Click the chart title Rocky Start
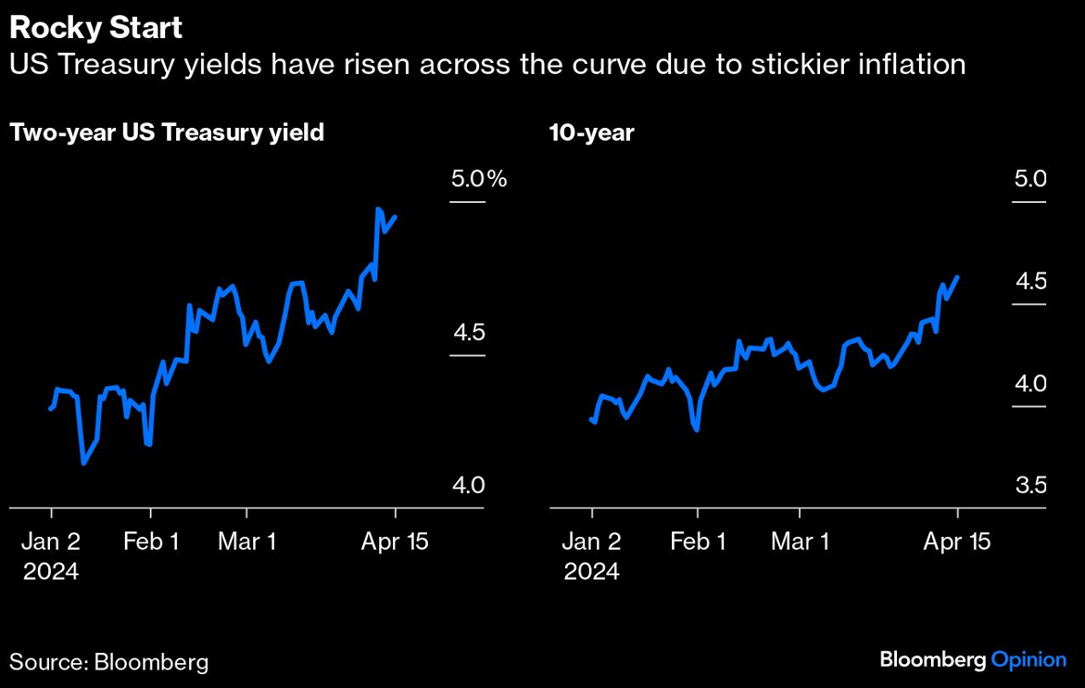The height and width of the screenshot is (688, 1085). [95, 28]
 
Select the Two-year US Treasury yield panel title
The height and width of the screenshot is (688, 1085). [167, 133]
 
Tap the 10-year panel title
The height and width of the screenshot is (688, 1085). [591, 133]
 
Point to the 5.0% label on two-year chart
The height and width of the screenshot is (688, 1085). [478, 179]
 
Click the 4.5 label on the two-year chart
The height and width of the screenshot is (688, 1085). [468, 332]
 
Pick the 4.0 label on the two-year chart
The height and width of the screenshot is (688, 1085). [468, 485]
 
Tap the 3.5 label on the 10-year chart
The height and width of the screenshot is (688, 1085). [1029, 485]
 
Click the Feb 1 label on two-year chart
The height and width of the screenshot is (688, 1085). [151, 541]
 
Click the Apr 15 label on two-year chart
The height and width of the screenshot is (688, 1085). [395, 541]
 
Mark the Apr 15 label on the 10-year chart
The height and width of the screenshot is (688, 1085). [957, 541]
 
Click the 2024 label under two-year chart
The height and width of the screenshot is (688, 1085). [51, 571]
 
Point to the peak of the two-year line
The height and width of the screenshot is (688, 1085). [378, 210]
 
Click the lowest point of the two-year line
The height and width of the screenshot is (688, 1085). [83, 463]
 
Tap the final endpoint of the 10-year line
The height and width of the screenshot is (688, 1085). [957, 276]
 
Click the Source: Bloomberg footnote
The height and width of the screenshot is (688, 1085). [108, 662]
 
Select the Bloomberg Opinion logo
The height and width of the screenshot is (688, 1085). [972, 659]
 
